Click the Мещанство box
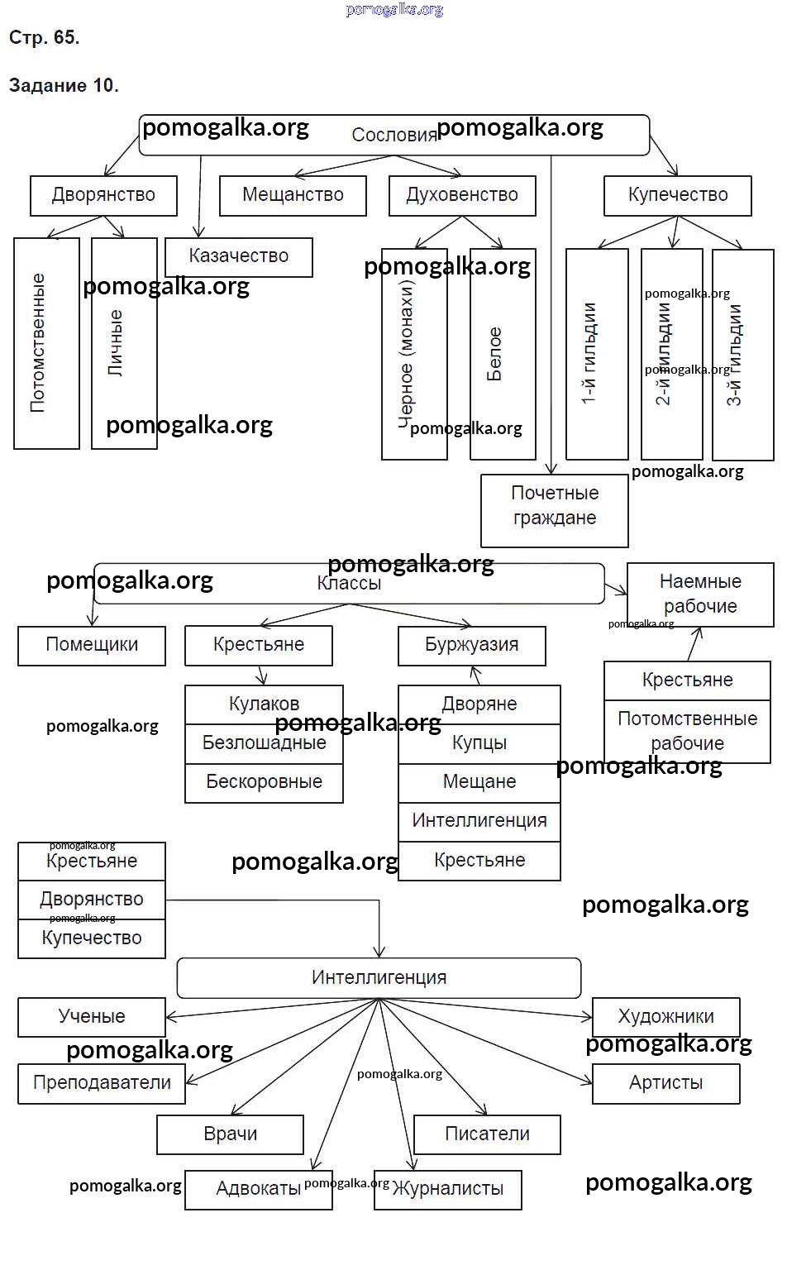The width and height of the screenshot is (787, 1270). (293, 196)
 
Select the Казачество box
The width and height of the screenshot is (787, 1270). (239, 257)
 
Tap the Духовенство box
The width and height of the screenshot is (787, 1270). (462, 196)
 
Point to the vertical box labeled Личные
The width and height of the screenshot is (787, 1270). (124, 343)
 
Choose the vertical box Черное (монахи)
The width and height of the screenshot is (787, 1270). (413, 354)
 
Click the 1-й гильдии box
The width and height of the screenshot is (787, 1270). (596, 354)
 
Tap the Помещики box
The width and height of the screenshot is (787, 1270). (92, 646)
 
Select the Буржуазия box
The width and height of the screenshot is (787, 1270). (472, 646)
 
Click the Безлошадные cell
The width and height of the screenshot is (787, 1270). (264, 743)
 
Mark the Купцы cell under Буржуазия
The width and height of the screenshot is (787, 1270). (479, 743)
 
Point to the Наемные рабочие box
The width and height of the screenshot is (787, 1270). (700, 594)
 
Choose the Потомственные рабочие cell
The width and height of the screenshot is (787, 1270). (687, 731)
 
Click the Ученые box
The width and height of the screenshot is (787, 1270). (92, 1017)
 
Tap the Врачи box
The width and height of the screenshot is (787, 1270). (230, 1134)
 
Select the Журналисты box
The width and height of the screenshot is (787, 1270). (448, 1190)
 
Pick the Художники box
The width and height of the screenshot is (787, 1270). (665, 1017)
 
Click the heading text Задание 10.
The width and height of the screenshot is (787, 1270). (64, 86)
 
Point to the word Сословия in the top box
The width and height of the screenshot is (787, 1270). (394, 136)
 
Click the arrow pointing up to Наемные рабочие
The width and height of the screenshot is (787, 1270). (696, 644)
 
